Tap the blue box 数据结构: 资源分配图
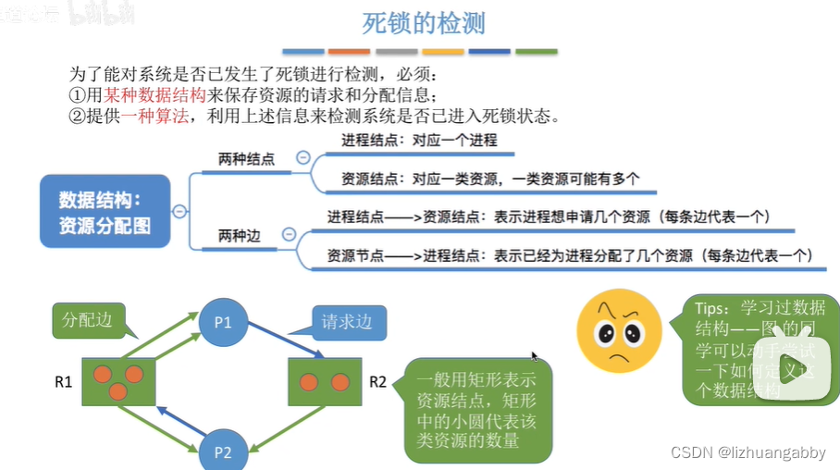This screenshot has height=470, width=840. pos(105,212)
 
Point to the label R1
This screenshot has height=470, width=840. pos(63,380)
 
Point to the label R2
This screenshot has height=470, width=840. pos(377,380)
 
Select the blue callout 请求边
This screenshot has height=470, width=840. pos(347,323)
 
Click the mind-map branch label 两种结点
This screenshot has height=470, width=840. pos(246,159)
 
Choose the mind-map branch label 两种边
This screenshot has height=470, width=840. pos(240,236)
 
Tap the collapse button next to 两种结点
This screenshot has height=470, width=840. pos(302,158)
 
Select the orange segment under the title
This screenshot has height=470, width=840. pos(349,52)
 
